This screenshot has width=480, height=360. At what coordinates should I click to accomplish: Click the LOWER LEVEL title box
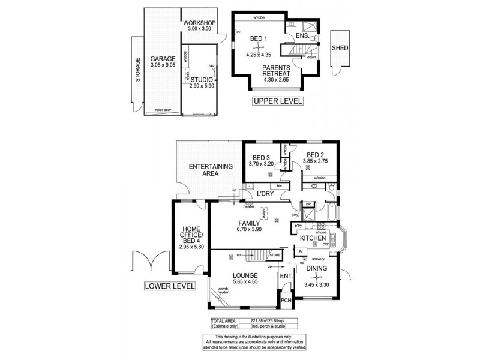169,286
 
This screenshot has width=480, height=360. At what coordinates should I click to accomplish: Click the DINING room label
316,269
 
